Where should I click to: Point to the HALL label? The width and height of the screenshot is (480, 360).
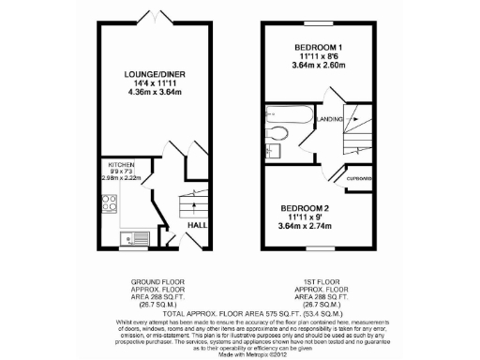tap(198, 225)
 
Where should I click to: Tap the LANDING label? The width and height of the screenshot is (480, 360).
tap(329, 119)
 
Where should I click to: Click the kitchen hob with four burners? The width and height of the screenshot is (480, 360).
tap(110, 203)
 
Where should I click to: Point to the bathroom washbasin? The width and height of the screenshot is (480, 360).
tap(273, 149)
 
